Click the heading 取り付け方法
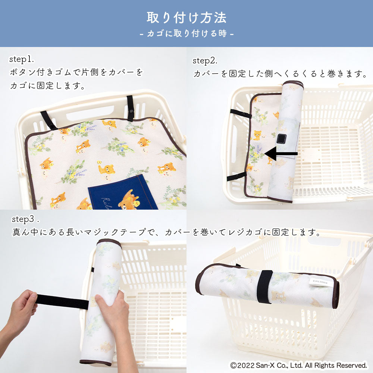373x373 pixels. [186, 18]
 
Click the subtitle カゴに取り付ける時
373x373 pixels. [187, 33]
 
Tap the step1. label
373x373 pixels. [22, 59]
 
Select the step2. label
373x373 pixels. [205, 61]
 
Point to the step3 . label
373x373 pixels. [25, 219]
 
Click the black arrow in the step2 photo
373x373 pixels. [281, 154]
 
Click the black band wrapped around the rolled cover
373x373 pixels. [265, 286]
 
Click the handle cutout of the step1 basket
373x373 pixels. [90, 113]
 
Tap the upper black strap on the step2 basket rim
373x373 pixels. [241, 114]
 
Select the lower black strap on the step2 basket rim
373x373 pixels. [236, 176]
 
